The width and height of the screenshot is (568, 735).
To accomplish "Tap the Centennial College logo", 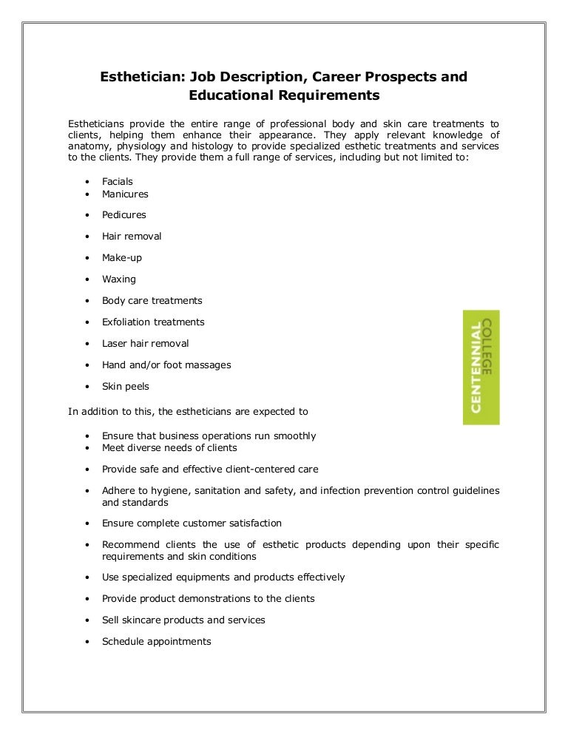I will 481,367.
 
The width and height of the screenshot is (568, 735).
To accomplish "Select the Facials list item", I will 118,181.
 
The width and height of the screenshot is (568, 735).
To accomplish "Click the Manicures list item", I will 125,194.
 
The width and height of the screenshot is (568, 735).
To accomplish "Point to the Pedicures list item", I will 124,215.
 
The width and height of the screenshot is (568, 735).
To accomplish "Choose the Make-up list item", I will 122,258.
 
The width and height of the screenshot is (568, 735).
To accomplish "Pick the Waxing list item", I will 119,280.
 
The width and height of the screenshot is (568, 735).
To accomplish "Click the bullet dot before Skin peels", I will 87,387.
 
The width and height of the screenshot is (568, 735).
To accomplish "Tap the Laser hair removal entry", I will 145,344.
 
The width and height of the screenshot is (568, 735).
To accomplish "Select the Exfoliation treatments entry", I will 153,322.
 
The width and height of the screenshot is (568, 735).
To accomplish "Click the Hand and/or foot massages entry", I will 166,365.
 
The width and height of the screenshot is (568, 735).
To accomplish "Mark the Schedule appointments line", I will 156,641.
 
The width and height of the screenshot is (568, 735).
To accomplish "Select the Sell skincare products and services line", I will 183,620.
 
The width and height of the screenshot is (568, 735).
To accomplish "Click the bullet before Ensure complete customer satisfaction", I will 87,524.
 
